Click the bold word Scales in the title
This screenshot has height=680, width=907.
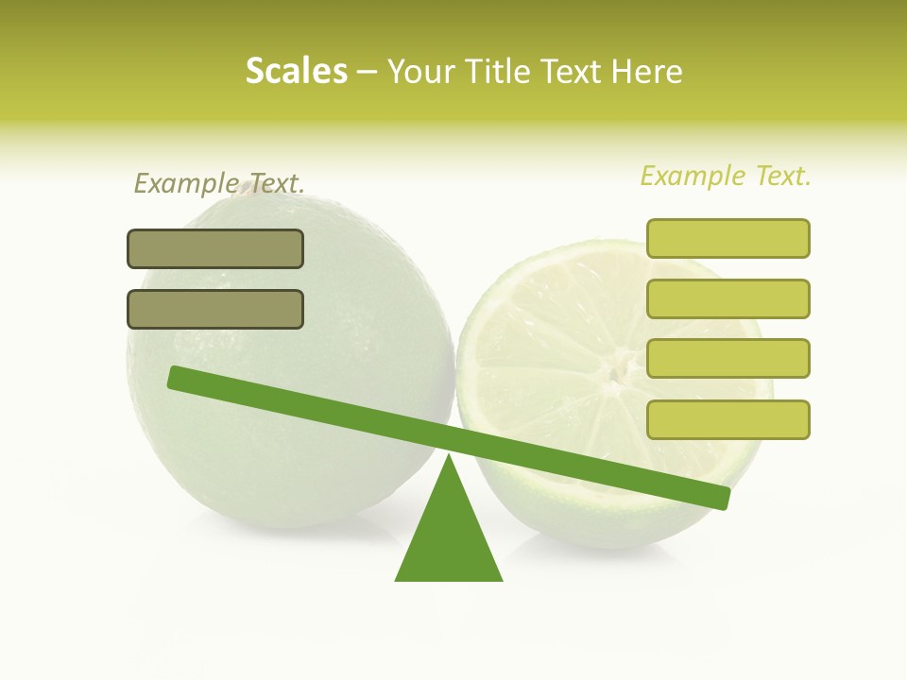click(296, 71)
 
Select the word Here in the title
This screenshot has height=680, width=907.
click(647, 72)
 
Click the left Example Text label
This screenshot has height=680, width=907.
click(219, 183)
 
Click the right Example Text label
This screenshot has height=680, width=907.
click(726, 176)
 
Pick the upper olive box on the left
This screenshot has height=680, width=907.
click(215, 248)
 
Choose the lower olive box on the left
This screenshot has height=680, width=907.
click(215, 309)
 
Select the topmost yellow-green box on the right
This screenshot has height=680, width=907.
click(727, 238)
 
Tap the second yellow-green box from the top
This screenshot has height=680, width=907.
click(727, 298)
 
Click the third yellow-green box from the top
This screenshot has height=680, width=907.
click(727, 358)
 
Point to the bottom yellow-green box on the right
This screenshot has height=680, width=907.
click(727, 419)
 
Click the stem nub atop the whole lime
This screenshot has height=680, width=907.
click(248, 187)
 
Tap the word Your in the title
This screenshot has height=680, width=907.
click(420, 72)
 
